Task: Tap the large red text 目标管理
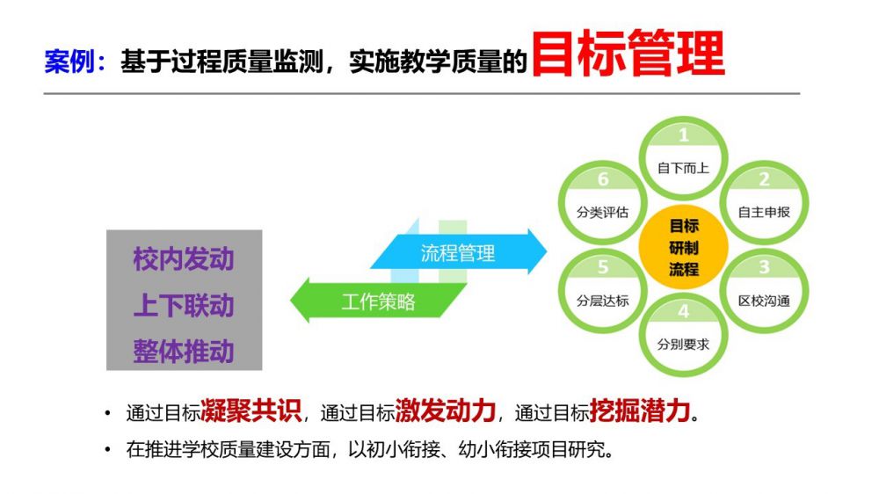point(628,54)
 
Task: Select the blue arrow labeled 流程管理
point(459,252)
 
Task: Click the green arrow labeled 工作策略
point(378,301)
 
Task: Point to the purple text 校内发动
point(184,259)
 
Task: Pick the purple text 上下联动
point(184,306)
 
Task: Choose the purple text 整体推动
point(184,352)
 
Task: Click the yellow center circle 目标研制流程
point(683,247)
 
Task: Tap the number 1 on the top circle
point(683,135)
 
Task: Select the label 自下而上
point(683,168)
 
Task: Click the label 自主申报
point(764,212)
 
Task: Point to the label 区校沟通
point(764,301)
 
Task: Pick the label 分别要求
point(683,345)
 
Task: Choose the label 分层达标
point(603,301)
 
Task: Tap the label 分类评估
point(603,212)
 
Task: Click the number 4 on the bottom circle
point(683,311)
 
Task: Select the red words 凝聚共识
point(251,410)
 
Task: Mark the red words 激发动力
point(446,410)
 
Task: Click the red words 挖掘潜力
point(640,410)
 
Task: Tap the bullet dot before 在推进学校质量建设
point(107,450)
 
